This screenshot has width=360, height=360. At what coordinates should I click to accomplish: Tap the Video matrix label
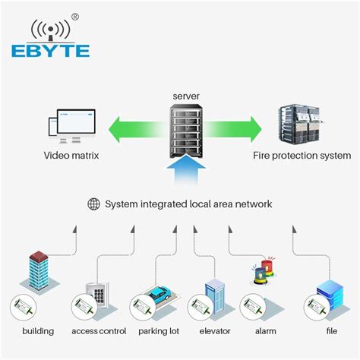coord(70,156)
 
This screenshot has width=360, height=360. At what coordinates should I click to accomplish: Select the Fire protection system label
coord(302,156)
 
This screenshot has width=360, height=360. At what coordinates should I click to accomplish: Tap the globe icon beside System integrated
coord(93,204)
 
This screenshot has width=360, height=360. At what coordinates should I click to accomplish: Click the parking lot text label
coord(158,332)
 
